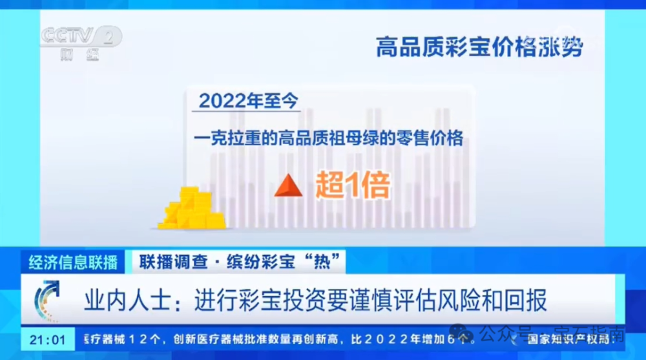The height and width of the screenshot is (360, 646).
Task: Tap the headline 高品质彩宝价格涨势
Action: click(479, 47)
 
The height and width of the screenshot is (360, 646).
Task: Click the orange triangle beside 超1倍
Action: click(289, 185)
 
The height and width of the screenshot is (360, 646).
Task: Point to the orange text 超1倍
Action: click(353, 185)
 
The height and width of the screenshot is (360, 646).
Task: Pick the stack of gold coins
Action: click(191, 209)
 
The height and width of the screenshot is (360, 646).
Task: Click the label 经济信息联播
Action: click(73, 262)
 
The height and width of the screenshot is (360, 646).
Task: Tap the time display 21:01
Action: click(48, 339)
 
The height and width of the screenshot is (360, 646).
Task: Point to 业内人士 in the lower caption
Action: click(123, 301)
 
